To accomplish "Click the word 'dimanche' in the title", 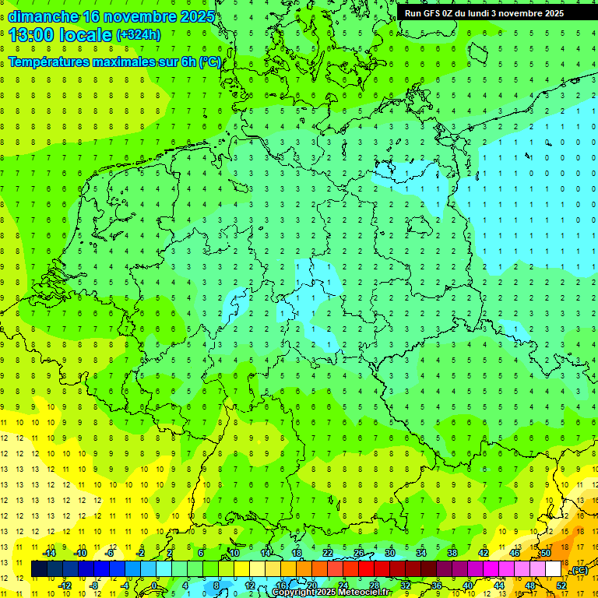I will coord(43,16).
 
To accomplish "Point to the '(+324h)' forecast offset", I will coord(138,35).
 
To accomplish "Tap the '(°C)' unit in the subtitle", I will coord(210,62).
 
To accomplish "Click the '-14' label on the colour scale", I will coord(49,553).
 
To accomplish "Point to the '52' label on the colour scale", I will coord(561,586).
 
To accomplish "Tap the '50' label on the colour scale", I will coord(546,553).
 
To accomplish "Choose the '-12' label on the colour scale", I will coord(65,586).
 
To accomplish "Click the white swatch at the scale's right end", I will coord(554,569).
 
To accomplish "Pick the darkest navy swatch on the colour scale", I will coord(39,569).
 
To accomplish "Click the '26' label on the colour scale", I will coord(359,553).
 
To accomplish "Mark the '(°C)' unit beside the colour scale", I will coord(579,571).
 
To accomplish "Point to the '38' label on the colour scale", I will coord(452,553).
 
